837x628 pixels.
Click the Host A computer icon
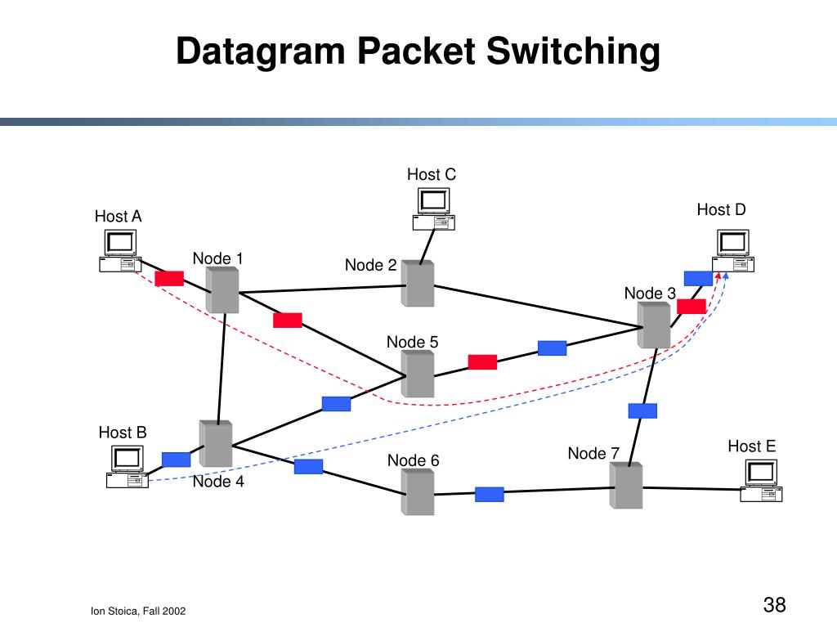tap(120, 250)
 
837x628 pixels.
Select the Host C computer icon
tap(433, 209)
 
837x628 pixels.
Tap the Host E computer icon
tap(761, 481)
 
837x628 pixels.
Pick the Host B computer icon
tap(127, 467)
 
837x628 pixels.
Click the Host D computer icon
tap(733, 250)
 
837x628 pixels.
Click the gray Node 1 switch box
tap(222, 289)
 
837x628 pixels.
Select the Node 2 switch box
tap(418, 284)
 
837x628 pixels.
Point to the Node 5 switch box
tap(418, 374)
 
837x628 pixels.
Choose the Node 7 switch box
tap(626, 486)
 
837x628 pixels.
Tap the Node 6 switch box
tap(418, 491)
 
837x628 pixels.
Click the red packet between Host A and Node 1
tap(169, 278)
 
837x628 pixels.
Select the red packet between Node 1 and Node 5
tap(288, 320)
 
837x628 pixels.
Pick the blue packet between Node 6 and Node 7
tap(490, 495)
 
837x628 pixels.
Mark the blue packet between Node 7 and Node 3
tap(642, 410)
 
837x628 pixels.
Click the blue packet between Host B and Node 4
tap(177, 460)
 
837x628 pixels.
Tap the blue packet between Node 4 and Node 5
tap(336, 404)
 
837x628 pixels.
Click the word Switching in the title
tap(573, 52)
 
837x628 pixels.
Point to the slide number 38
tap(775, 604)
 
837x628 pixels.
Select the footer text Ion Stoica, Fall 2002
tap(138, 611)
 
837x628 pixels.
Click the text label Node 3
tap(650, 294)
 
